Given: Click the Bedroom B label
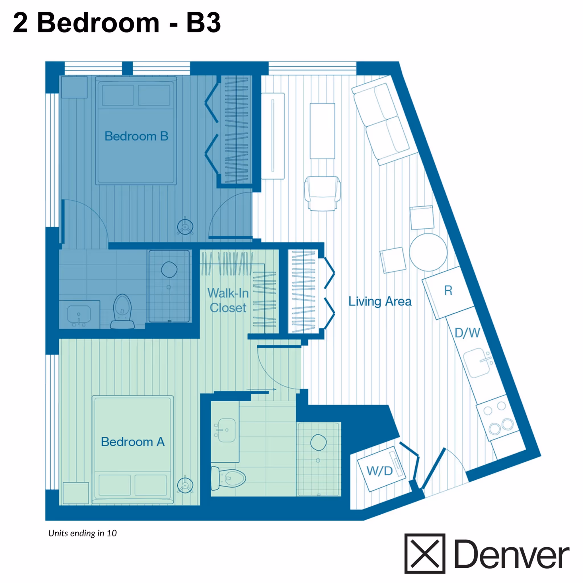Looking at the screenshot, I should point(136,136).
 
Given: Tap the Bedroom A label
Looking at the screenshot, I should point(133,442).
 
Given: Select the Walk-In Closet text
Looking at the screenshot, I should point(228,300).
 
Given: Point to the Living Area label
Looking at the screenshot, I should point(380,301).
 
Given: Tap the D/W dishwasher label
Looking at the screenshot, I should point(467,333).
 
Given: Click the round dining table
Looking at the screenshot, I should point(428,252).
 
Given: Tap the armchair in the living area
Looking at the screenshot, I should point(322,193).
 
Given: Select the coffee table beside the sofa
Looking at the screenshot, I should point(322,131).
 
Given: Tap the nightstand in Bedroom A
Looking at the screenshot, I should point(76,493).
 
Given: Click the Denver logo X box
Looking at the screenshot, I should point(424,553).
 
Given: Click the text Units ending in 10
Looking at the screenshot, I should point(82,533).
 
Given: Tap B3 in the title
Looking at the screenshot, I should point(203,23).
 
